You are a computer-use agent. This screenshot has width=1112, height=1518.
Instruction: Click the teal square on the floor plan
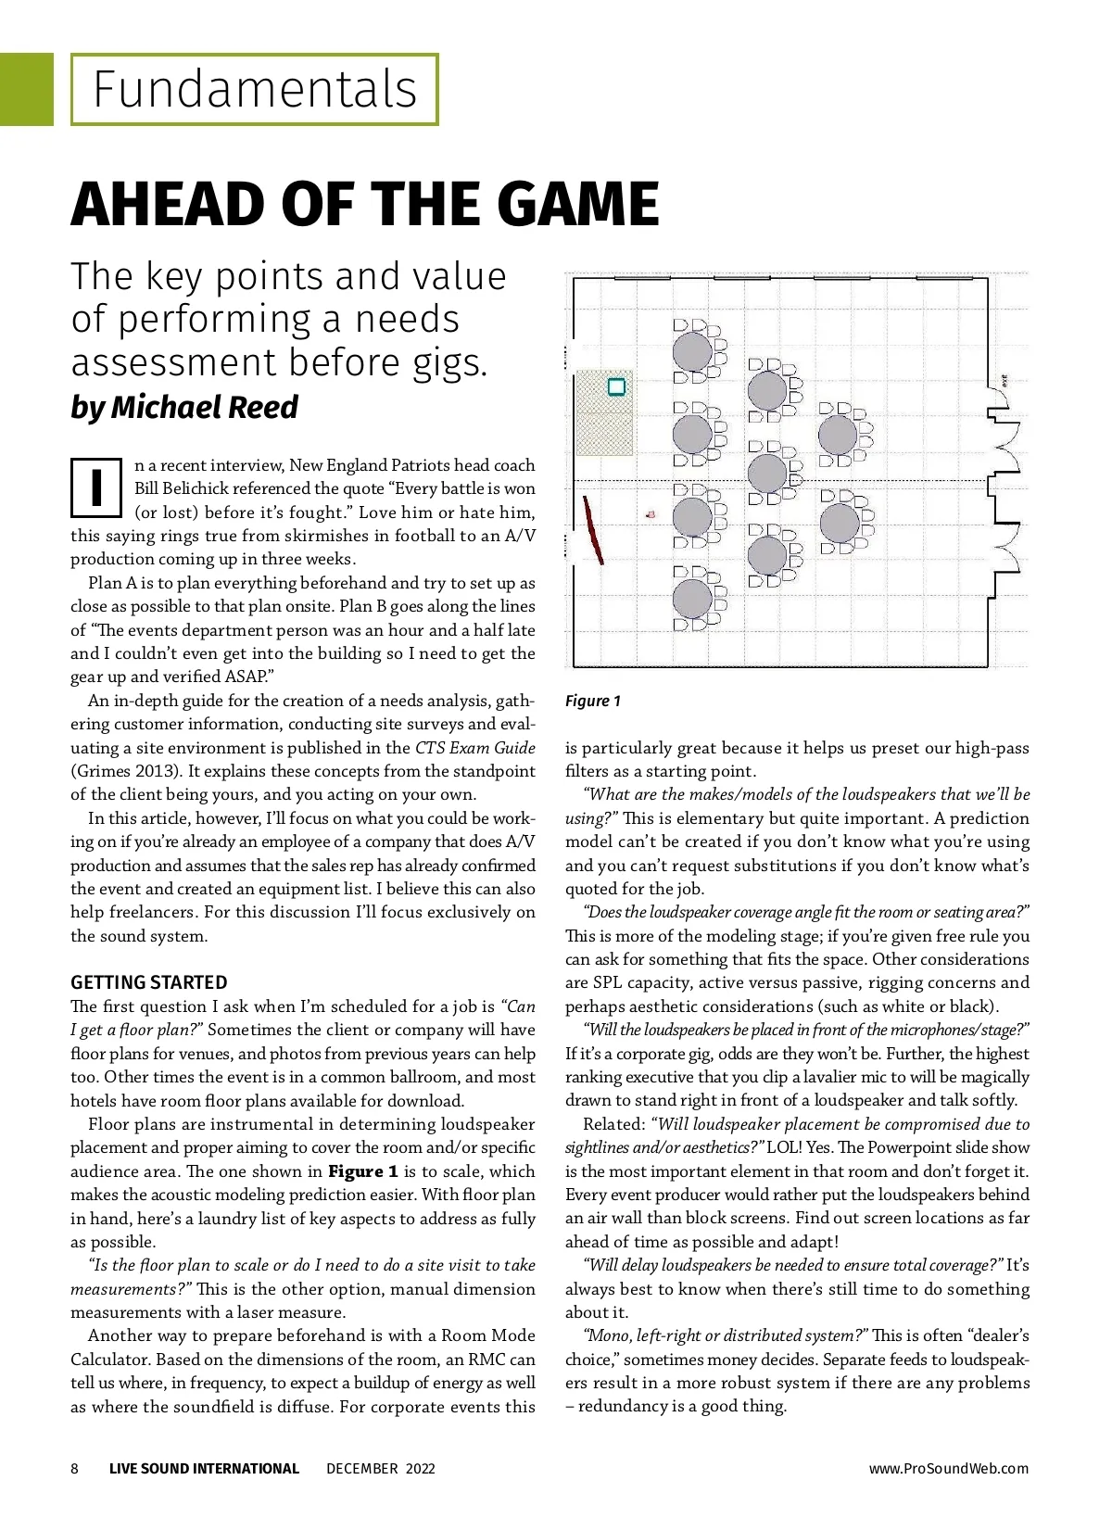(616, 386)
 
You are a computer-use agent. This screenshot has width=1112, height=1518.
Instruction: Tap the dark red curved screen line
(593, 530)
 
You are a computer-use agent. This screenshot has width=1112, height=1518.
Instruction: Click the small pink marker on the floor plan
(651, 513)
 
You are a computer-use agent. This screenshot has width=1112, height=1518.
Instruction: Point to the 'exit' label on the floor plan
(1004, 379)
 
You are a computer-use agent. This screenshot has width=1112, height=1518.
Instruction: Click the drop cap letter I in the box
(96, 487)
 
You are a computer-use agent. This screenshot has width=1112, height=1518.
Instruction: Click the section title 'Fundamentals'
(255, 90)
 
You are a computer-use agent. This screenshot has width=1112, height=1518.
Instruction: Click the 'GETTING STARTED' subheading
(148, 982)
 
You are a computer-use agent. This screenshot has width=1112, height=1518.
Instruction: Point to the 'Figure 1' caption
(593, 701)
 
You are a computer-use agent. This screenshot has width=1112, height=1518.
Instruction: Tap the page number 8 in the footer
(75, 1468)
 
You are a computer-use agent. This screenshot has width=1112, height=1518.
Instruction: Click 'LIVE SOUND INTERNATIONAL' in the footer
(204, 1468)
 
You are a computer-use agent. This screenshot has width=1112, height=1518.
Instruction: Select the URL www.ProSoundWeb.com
(948, 1468)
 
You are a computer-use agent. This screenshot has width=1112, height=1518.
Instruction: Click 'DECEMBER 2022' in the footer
(380, 1468)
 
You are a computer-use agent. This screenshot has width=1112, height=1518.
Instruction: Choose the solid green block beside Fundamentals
(26, 90)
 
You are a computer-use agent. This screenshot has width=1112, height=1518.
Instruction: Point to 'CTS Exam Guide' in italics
(474, 748)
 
